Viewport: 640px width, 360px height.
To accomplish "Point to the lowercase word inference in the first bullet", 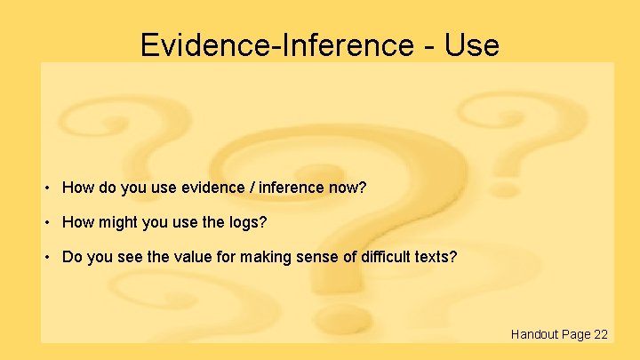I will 285,188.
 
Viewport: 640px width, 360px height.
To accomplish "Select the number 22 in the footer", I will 601,334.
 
